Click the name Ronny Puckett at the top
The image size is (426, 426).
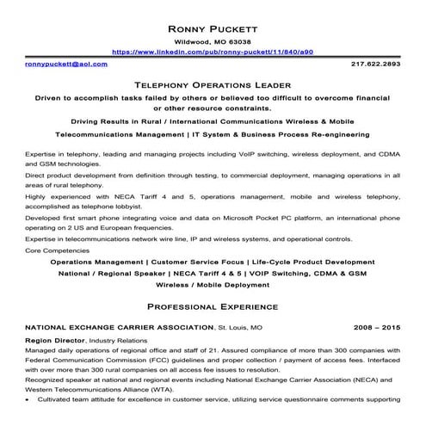[x=213, y=24]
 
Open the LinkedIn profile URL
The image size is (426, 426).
[x=213, y=52]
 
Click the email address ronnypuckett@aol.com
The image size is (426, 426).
[x=66, y=64]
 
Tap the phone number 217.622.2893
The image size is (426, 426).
[x=375, y=64]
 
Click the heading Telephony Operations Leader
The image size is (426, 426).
[x=213, y=85]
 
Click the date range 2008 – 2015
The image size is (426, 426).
[x=377, y=328]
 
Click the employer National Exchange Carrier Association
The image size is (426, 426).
[x=119, y=328]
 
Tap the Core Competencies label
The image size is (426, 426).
[x=58, y=250]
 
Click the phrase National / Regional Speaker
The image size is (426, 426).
[x=111, y=272]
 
